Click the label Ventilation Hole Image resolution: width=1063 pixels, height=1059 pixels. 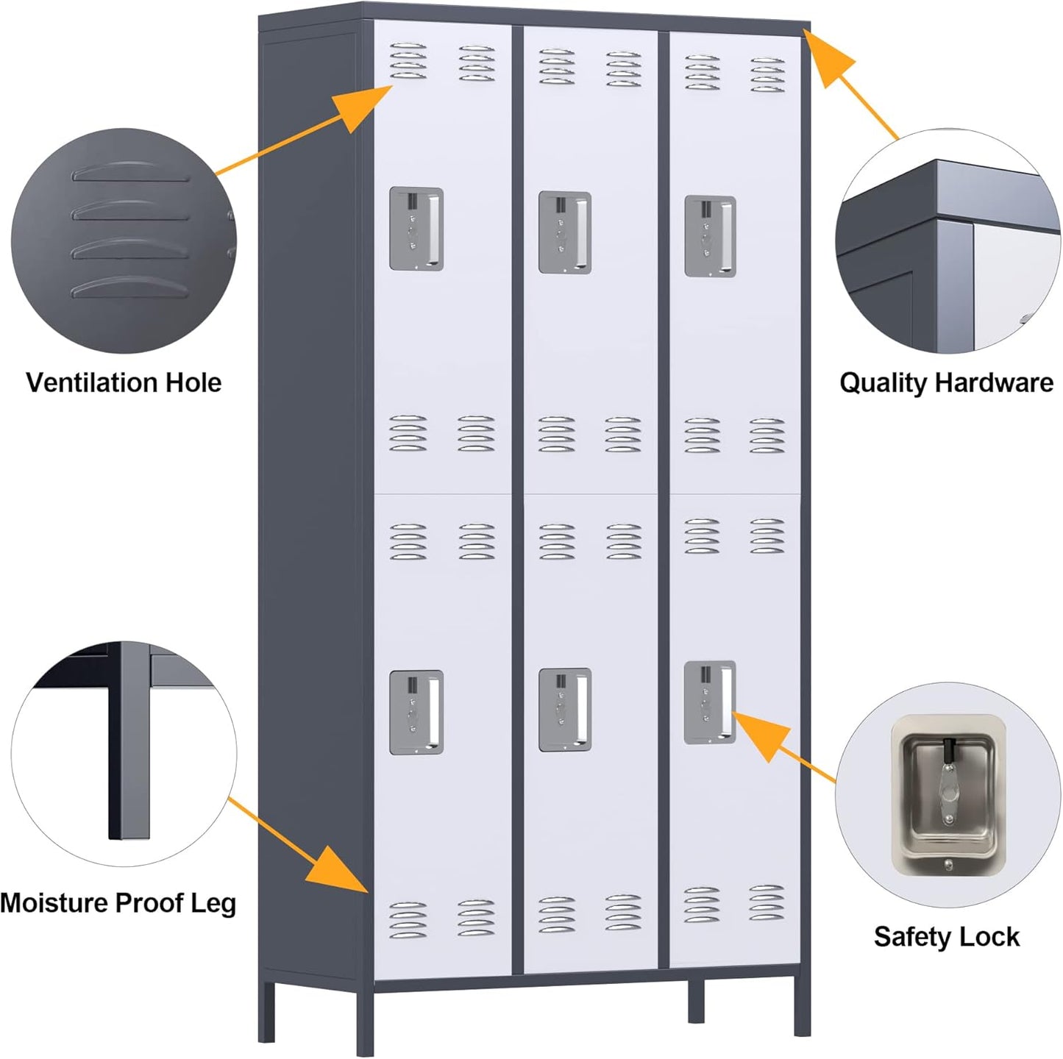(124, 382)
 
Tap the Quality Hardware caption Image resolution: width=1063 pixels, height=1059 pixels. (946, 382)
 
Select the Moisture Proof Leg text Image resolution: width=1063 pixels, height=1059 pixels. (118, 902)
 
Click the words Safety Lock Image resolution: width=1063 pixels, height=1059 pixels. (946, 937)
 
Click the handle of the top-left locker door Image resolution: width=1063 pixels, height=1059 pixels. (416, 229)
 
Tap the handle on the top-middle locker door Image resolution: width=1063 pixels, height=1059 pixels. (565, 232)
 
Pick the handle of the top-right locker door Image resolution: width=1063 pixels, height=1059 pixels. (710, 236)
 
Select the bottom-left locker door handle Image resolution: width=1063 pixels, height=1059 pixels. (416, 712)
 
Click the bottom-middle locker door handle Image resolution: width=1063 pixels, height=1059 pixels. (565, 710)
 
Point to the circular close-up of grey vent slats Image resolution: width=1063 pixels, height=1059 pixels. (124, 241)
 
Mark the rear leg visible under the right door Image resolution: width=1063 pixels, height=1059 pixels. (696, 1000)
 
